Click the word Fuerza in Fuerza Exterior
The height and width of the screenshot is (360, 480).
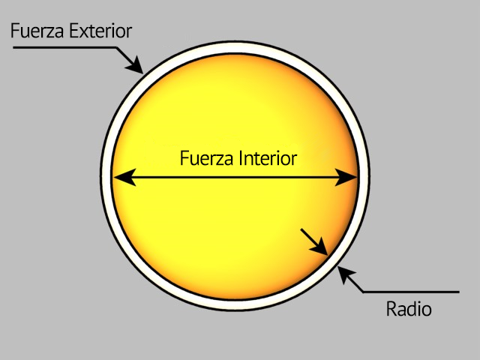coord(36,31)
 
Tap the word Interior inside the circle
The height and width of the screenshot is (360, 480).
coord(268,159)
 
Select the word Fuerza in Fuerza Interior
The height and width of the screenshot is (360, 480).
coord(208,159)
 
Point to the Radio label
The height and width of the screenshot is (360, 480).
coord(409,308)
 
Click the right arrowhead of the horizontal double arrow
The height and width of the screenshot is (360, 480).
coord(349,178)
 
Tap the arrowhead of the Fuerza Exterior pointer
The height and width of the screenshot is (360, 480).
coord(137,67)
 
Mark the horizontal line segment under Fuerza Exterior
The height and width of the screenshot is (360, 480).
coord(64,49)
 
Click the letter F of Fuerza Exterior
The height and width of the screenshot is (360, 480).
coord(14,31)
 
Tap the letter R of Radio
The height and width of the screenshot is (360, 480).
coord(391,308)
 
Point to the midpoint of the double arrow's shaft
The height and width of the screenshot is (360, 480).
coord(235,178)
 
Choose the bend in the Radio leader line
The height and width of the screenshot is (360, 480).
coord(363,291)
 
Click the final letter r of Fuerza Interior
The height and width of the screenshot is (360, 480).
coord(294,159)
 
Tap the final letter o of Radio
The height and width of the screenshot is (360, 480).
coord(427,309)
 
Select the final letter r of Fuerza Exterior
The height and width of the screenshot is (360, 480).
coord(129,32)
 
